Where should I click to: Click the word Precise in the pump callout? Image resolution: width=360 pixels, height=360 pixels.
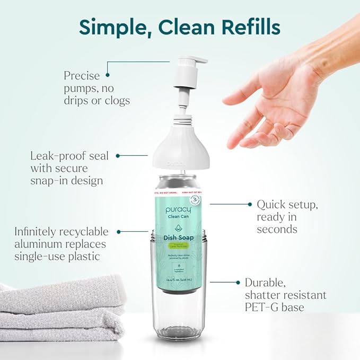82,75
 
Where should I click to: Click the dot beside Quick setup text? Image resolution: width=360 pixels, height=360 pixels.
249,204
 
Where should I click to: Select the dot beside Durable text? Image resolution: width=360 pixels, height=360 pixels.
236,283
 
